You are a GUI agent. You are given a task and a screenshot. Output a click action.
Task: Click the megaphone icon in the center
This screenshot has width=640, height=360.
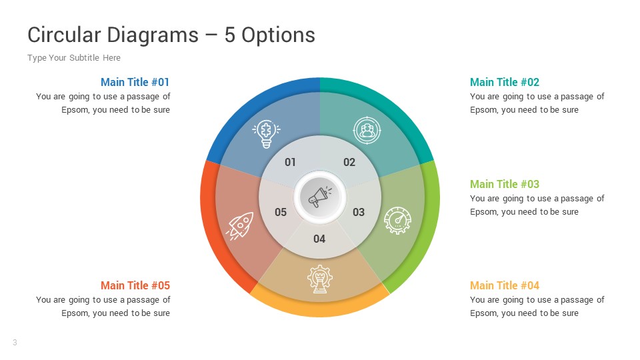pyautogui.click(x=319, y=197)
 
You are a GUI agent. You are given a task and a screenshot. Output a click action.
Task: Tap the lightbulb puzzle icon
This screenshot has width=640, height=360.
pyautogui.click(x=266, y=133)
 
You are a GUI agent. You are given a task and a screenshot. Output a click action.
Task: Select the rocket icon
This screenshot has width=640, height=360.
pyautogui.click(x=240, y=226)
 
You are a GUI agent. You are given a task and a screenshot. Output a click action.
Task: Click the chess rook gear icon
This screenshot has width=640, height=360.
pyautogui.click(x=319, y=278)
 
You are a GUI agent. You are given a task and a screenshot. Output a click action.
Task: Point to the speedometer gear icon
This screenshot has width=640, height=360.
pyautogui.click(x=398, y=219)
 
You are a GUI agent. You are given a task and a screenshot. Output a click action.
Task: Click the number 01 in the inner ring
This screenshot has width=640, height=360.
pyautogui.click(x=290, y=162)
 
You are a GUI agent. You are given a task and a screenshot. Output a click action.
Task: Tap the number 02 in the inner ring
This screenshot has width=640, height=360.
pyautogui.click(x=349, y=162)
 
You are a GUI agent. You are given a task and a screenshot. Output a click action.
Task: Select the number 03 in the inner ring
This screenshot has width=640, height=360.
pyautogui.click(x=359, y=212)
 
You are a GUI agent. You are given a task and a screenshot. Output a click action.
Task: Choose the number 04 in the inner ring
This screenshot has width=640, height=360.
pyautogui.click(x=319, y=239)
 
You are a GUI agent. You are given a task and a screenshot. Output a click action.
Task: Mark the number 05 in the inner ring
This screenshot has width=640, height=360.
pyautogui.click(x=281, y=212)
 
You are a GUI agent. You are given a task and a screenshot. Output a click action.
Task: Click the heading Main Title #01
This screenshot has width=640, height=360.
pyautogui.click(x=135, y=82)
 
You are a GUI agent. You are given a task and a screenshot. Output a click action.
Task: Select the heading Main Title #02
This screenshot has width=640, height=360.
pyautogui.click(x=505, y=82)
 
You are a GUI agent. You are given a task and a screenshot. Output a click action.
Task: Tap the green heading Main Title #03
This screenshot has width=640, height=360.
pyautogui.click(x=505, y=184)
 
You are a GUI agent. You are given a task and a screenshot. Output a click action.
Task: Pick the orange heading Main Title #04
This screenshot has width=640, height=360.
pyautogui.click(x=505, y=285)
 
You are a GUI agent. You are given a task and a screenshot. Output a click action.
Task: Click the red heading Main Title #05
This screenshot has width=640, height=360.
pyautogui.click(x=135, y=285)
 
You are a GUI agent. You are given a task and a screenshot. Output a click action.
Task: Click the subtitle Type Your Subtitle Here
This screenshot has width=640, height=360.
pyautogui.click(x=74, y=58)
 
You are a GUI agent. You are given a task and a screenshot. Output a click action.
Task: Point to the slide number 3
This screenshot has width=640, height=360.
pyautogui.click(x=15, y=343)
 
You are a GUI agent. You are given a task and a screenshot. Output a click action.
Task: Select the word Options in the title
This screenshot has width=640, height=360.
pyautogui.click(x=278, y=35)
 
